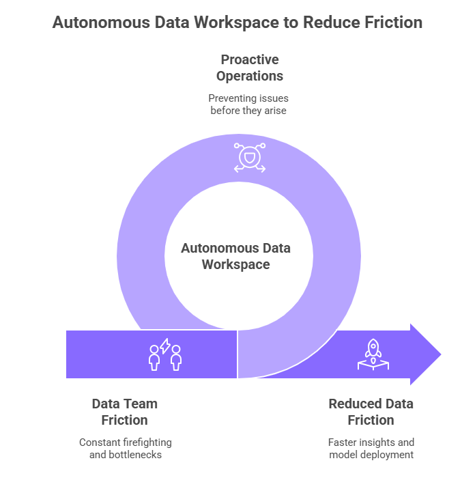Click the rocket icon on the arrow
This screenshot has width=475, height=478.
[373, 354]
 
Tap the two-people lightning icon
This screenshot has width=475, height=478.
[165, 354]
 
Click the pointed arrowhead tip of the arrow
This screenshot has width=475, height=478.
[440, 354]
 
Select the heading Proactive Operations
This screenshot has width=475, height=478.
[250, 68]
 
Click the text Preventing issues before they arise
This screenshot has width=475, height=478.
[249, 104]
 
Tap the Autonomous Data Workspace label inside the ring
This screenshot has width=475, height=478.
[235, 256]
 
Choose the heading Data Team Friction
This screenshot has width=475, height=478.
[125, 412]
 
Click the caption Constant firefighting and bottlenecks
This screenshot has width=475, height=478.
[125, 448]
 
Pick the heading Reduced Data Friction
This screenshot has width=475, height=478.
[371, 412]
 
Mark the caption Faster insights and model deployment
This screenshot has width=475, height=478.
[371, 448]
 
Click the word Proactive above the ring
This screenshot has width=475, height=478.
[250, 60]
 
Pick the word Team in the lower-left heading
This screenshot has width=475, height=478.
[142, 404]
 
